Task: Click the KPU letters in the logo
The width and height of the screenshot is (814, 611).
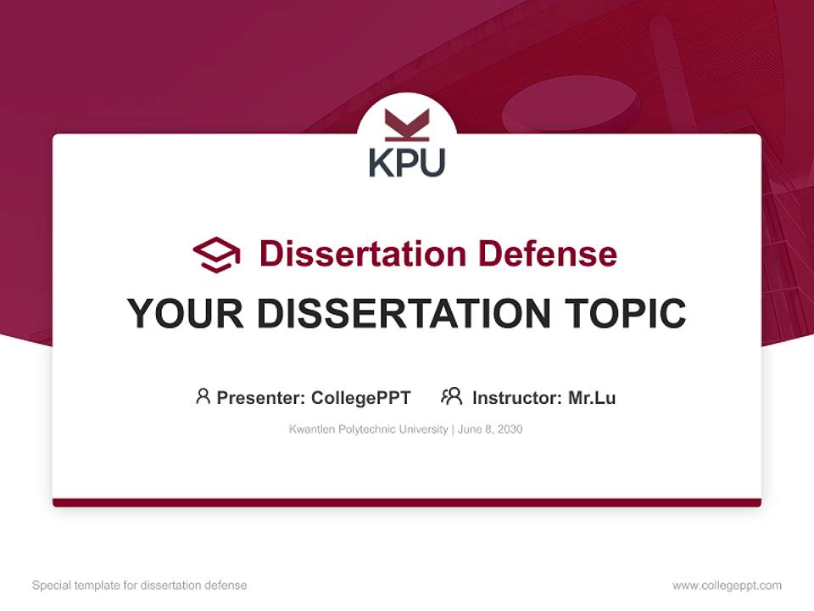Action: pyautogui.click(x=407, y=162)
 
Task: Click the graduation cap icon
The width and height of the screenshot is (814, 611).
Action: pyautogui.click(x=216, y=255)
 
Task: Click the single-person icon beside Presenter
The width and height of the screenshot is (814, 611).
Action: pyautogui.click(x=203, y=396)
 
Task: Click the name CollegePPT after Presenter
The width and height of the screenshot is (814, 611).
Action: pyautogui.click(x=361, y=397)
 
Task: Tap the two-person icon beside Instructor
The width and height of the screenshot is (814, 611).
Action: pyautogui.click(x=452, y=396)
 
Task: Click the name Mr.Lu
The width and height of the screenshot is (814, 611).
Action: pyautogui.click(x=592, y=397)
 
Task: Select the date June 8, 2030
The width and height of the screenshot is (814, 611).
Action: pyautogui.click(x=490, y=429)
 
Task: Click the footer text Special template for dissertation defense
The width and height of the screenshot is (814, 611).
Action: pyautogui.click(x=139, y=586)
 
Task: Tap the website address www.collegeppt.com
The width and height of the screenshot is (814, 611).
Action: pyautogui.click(x=727, y=586)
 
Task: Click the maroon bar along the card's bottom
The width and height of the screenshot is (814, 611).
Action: pyautogui.click(x=407, y=502)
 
